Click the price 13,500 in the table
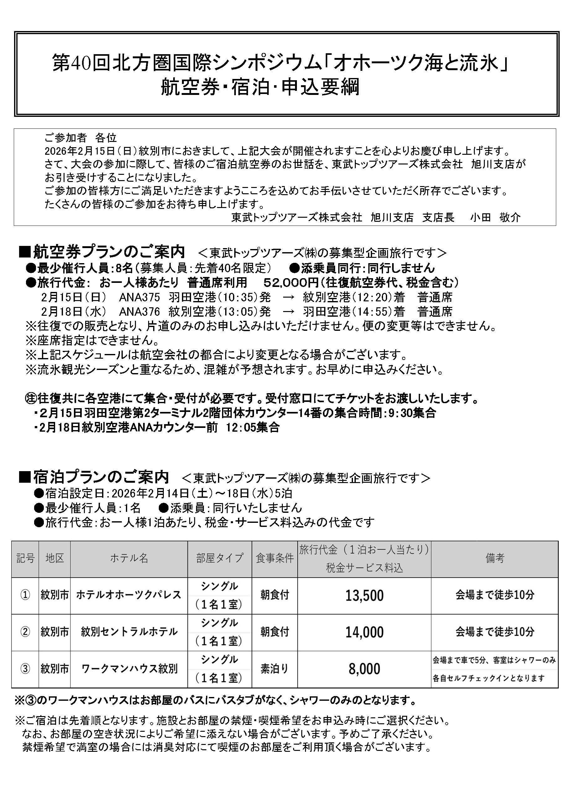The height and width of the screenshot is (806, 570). click(x=364, y=595)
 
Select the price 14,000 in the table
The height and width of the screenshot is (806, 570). click(x=364, y=632)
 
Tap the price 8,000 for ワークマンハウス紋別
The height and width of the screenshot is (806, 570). click(x=364, y=669)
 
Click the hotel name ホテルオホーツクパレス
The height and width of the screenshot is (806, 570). click(x=129, y=595)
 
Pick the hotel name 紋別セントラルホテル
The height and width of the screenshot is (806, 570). click(x=129, y=632)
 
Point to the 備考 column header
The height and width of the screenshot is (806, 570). click(x=495, y=558)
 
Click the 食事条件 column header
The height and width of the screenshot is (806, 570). click(x=274, y=558)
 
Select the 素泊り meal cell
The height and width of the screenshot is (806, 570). click(x=274, y=669)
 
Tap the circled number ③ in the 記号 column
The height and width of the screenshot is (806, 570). click(x=25, y=669)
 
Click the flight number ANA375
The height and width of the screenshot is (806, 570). click(x=139, y=297)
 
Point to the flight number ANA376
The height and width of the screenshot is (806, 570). click(x=139, y=312)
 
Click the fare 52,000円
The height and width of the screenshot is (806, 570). click(x=291, y=282)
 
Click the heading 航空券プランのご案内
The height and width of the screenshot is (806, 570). click(x=109, y=252)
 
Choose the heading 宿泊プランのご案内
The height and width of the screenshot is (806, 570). click(x=101, y=477)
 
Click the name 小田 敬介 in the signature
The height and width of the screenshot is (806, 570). click(x=495, y=218)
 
